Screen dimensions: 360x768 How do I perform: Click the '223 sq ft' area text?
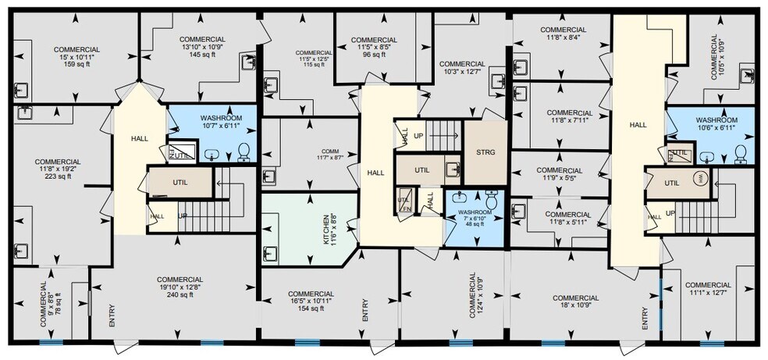click(x=59, y=176)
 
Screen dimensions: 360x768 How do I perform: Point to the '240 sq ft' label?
click(x=180, y=295)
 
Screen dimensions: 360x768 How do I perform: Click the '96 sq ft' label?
click(x=372, y=55)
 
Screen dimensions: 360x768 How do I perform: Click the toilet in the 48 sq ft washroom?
click(x=491, y=198)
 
